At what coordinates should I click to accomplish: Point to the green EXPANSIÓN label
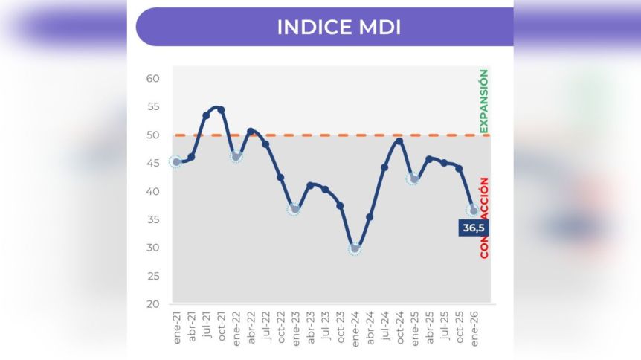484,101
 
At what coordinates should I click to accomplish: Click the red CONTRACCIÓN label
484,218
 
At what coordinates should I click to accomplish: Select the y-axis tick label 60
153,79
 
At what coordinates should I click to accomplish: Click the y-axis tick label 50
153,135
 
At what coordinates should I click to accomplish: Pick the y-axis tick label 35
153,220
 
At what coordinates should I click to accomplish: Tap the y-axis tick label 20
153,304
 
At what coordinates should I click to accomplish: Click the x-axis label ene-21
176,325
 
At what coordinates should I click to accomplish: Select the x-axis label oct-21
221,325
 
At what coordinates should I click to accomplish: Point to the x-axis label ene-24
355,325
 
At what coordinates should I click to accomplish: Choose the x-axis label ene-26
474,325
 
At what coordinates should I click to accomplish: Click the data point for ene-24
355,248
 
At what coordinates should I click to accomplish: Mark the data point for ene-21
176,162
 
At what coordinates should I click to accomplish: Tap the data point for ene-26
474,210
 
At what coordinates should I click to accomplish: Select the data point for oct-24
399,141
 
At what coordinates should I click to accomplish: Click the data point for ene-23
295,209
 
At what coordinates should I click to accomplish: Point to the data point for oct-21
221,110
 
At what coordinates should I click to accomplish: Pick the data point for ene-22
236,156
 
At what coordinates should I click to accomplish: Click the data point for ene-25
414,179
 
